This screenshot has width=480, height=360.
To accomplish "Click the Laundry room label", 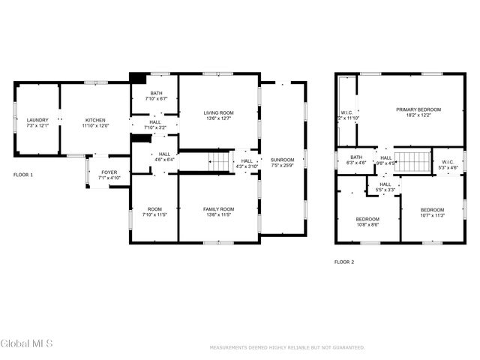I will point(37,120).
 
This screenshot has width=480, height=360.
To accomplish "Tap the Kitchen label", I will point(95,120).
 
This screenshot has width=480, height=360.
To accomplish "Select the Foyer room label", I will point(109,172).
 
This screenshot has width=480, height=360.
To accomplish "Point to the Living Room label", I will point(219,113).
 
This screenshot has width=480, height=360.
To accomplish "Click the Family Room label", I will point(218,208).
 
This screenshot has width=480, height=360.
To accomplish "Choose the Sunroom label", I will point(282,160).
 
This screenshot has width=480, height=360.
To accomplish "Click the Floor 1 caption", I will point(23,174).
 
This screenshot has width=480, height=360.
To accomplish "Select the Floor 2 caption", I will point(344,262).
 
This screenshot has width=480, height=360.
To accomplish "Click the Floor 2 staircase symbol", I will point(410,161).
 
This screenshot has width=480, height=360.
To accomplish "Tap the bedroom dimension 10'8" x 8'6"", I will point(367,223).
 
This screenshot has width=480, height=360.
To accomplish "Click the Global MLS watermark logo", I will point(27,344).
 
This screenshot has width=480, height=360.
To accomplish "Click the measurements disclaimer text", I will point(287,348).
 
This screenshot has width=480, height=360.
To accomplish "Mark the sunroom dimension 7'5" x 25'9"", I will point(282,165).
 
